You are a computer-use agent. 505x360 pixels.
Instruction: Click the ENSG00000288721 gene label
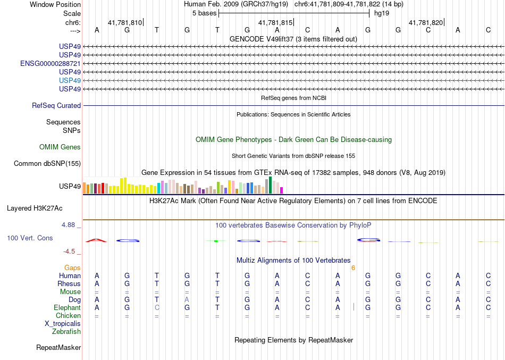(x=50, y=63)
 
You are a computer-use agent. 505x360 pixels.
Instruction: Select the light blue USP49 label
(x=70, y=80)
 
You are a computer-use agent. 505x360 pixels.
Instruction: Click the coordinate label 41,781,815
(x=275, y=23)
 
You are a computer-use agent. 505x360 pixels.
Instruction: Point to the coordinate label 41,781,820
(x=425, y=23)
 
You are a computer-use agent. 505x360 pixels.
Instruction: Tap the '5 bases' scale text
(x=204, y=13)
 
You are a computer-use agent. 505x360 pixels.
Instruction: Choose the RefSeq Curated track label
(x=56, y=106)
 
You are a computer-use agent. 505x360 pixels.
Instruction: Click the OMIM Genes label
(x=60, y=147)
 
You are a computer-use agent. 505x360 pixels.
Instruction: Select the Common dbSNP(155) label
(x=47, y=164)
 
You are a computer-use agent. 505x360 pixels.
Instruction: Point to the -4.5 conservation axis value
(x=71, y=252)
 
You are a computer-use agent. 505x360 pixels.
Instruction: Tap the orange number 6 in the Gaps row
(x=353, y=268)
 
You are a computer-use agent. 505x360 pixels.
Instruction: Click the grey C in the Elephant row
(x=157, y=308)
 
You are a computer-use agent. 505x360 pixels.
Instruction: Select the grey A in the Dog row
(x=187, y=300)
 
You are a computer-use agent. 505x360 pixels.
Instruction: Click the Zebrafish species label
(x=66, y=332)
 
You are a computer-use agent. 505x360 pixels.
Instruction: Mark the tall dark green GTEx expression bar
(x=270, y=185)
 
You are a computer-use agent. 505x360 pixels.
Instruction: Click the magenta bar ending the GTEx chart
(x=282, y=190)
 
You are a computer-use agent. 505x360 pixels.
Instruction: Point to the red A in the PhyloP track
(x=97, y=240)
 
